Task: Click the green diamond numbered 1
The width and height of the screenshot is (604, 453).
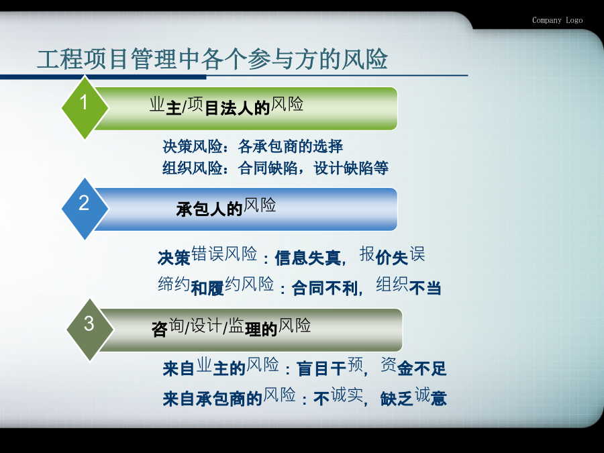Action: (x=85, y=108)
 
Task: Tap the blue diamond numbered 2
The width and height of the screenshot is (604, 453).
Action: (x=85, y=209)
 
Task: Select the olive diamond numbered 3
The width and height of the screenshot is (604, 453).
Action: (x=90, y=330)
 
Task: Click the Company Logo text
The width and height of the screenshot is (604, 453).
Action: (x=558, y=20)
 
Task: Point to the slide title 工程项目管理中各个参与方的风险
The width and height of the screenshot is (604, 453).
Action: (x=212, y=59)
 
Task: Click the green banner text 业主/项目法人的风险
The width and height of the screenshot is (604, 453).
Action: (x=227, y=105)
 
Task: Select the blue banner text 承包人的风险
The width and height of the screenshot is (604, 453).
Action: (x=226, y=207)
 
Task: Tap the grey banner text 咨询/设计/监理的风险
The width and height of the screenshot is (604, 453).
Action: (x=231, y=328)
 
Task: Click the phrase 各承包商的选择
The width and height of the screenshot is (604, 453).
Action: (x=291, y=146)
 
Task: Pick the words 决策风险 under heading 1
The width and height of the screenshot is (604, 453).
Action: (x=192, y=146)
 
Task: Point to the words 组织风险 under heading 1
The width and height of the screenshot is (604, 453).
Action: (x=192, y=168)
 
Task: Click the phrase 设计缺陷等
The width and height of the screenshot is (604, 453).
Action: (x=351, y=168)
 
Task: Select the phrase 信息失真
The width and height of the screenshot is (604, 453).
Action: (x=308, y=258)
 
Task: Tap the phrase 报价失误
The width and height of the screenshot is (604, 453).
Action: (x=392, y=256)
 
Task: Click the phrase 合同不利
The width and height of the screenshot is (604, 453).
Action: (x=325, y=288)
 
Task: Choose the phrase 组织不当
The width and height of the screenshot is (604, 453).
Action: (x=409, y=285)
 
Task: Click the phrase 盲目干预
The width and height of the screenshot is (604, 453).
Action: (x=330, y=366)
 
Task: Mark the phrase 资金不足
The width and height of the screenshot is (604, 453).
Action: (x=413, y=366)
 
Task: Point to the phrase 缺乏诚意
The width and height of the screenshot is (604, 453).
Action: (x=413, y=397)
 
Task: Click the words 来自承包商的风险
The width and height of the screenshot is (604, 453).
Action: (x=230, y=397)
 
